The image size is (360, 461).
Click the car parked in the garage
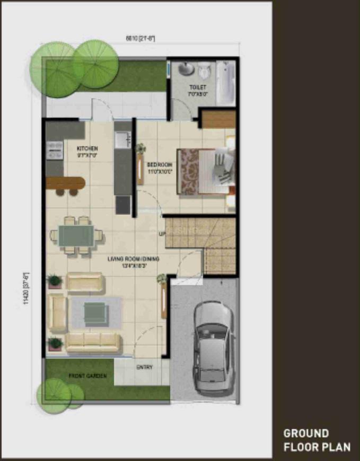(213, 345)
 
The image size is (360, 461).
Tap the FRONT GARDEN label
(87, 376)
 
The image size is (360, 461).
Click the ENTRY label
(144, 367)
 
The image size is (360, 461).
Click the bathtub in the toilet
(225, 83)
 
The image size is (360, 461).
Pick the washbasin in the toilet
(185, 69)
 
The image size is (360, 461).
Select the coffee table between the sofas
(96, 312)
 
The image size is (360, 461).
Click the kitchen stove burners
(54, 149)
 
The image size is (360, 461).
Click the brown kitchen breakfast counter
(65, 183)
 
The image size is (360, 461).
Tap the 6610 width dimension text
(140, 39)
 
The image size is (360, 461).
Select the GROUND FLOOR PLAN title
(317, 440)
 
